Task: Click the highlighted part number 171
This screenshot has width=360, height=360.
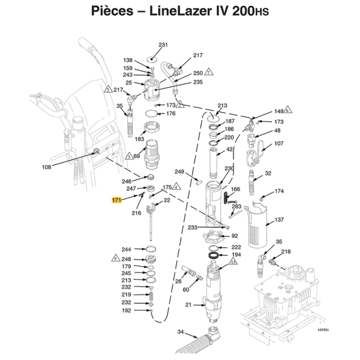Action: tap(116, 199)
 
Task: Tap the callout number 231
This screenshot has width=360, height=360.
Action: tap(163, 46)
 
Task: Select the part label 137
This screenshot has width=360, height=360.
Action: tap(279, 220)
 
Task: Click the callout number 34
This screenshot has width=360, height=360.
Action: tap(181, 331)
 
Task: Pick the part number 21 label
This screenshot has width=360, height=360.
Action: tap(188, 305)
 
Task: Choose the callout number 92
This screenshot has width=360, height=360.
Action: tap(235, 236)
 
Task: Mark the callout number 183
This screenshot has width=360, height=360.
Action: tap(140, 139)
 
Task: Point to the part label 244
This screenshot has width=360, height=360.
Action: tap(126, 250)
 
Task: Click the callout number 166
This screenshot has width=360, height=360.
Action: tap(236, 190)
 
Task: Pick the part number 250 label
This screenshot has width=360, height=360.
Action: tap(197, 73)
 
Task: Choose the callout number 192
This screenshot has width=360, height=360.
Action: tap(126, 310)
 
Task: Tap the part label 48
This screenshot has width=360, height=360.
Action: tap(277, 131)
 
